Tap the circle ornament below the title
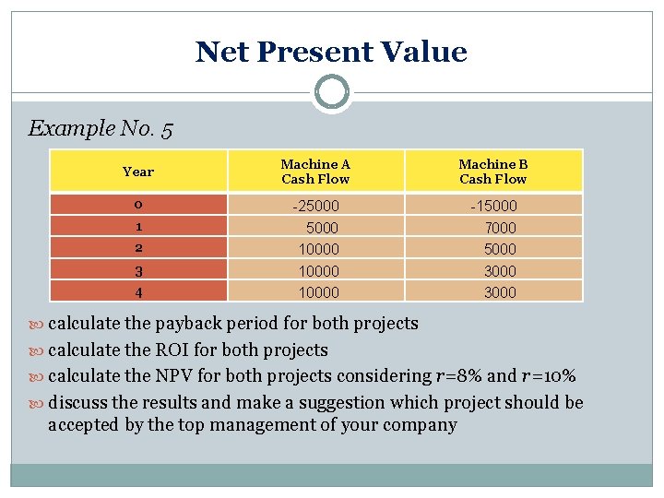(x=332, y=92)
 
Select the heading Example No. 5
(x=101, y=128)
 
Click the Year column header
(x=138, y=172)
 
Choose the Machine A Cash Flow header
(x=315, y=172)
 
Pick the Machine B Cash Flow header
(x=493, y=172)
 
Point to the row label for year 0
(x=137, y=205)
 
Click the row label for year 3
(x=137, y=271)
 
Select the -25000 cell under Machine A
(x=315, y=206)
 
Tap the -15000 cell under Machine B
(x=493, y=206)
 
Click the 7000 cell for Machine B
(x=501, y=227)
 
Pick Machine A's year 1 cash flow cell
(x=322, y=227)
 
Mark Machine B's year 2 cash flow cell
(x=501, y=249)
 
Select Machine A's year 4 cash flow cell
(x=318, y=292)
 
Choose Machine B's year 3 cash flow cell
(x=501, y=271)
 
